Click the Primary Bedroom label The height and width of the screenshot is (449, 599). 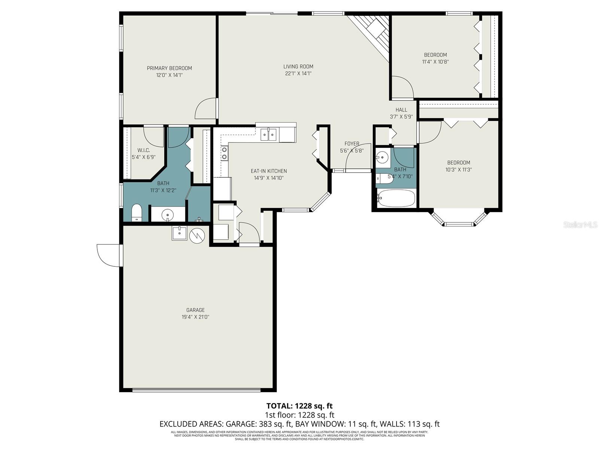pos(169,68)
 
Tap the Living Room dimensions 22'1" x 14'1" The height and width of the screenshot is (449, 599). pos(298,74)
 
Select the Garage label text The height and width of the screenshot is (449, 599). pos(195,310)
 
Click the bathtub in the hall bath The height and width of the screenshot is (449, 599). pos(396,198)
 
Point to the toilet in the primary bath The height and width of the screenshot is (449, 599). pos(137,213)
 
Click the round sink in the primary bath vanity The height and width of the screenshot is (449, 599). pos(167,215)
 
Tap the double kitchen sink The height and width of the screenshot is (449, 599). pos(268,134)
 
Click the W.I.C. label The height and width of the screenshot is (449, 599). pos(143,150)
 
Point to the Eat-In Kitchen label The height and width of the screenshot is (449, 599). pos(269,171)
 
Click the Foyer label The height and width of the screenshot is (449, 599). pos(352,144)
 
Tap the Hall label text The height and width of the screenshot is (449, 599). pos(401,110)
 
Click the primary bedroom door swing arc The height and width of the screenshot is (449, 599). pos(205,109)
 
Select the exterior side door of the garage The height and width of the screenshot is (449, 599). pos(109,255)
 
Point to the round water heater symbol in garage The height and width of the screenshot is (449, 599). pos(197,236)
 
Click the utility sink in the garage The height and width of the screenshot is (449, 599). pos(180,233)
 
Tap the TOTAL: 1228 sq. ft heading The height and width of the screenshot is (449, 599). pos(299,406)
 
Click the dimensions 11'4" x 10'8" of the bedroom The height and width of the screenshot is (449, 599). pos(435,62)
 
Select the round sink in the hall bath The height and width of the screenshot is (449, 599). pos(382,157)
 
